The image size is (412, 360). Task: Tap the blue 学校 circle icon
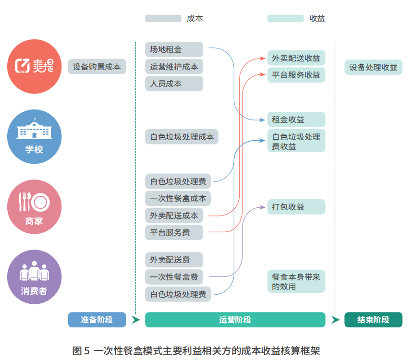[x=35, y=136]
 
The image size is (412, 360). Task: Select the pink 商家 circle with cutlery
[x=35, y=207]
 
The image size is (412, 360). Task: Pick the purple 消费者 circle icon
[x=35, y=277]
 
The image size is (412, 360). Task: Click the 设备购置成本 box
[x=97, y=67]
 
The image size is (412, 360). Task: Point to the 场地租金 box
[x=174, y=49]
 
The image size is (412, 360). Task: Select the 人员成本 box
[x=174, y=84]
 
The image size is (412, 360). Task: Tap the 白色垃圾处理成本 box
[x=182, y=137]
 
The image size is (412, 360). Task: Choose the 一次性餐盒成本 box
[x=178, y=198]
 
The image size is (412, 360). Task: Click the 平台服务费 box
[x=174, y=233]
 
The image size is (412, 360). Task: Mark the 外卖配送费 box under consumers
[x=174, y=260]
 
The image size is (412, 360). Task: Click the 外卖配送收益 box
[x=296, y=58]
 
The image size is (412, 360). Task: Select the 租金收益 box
[x=296, y=120]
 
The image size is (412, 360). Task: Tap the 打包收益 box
[x=296, y=207]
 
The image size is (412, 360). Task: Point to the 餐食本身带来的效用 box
[x=296, y=281]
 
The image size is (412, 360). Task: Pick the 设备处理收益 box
[x=373, y=67]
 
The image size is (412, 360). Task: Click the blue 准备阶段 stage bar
[x=97, y=320]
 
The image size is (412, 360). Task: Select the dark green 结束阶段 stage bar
[x=373, y=320]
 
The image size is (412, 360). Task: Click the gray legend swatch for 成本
[x=163, y=19]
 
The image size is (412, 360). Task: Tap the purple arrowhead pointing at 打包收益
[x=263, y=207]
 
